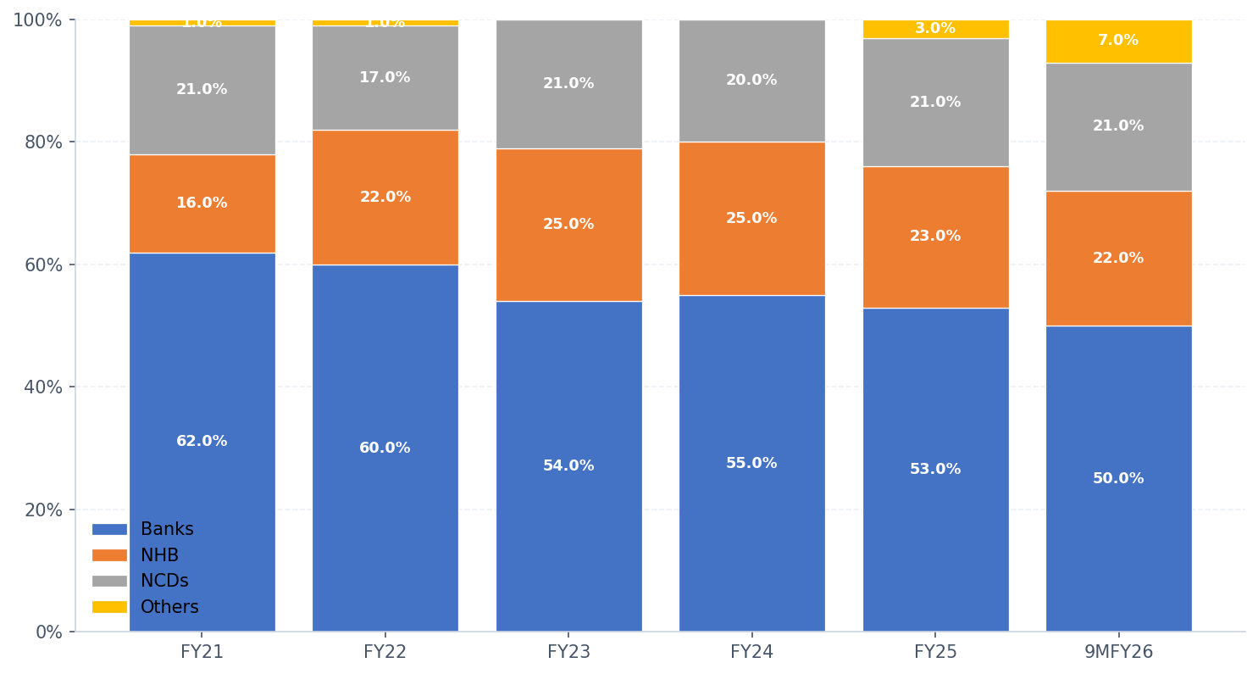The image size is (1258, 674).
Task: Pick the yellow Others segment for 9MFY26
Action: (x=1118, y=41)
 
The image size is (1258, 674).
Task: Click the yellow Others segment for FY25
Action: (x=935, y=29)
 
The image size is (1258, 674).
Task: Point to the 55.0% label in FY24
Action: (x=751, y=464)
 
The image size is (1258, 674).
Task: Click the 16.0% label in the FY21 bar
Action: (x=202, y=203)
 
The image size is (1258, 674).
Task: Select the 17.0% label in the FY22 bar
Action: (x=385, y=78)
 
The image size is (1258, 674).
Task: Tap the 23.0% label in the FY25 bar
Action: (x=935, y=237)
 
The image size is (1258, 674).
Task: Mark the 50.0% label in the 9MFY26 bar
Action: (x=1118, y=479)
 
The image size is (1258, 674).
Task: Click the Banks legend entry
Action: (x=167, y=530)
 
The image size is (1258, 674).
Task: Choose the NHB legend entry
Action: (x=159, y=556)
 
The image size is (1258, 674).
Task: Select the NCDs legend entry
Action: (x=164, y=582)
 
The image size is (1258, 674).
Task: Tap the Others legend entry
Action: (x=169, y=608)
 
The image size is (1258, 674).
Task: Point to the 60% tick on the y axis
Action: (x=43, y=265)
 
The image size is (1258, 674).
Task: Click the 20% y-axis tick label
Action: (x=43, y=510)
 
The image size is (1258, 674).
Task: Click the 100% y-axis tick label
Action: (x=38, y=19)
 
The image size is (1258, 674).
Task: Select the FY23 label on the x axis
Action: (x=568, y=653)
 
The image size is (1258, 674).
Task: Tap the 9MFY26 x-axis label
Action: (x=1118, y=653)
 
